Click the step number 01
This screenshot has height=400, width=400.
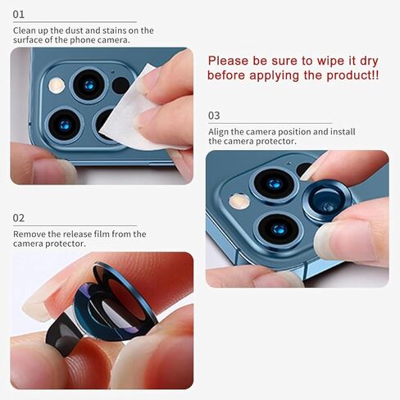tap(19, 15)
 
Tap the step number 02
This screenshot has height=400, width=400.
tap(19, 218)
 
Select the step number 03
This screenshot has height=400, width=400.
tap(215, 116)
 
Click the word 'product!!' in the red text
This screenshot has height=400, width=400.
tap(352, 75)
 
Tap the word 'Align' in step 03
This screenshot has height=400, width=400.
tap(220, 131)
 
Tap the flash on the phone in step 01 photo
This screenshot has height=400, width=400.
tap(57, 84)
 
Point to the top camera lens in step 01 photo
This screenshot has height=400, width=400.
tap(88, 84)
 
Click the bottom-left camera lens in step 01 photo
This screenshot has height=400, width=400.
tap(65, 123)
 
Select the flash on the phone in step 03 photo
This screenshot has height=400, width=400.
tap(239, 201)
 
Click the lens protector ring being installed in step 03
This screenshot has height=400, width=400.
tap(327, 200)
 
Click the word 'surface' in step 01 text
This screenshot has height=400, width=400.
tap(30, 40)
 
